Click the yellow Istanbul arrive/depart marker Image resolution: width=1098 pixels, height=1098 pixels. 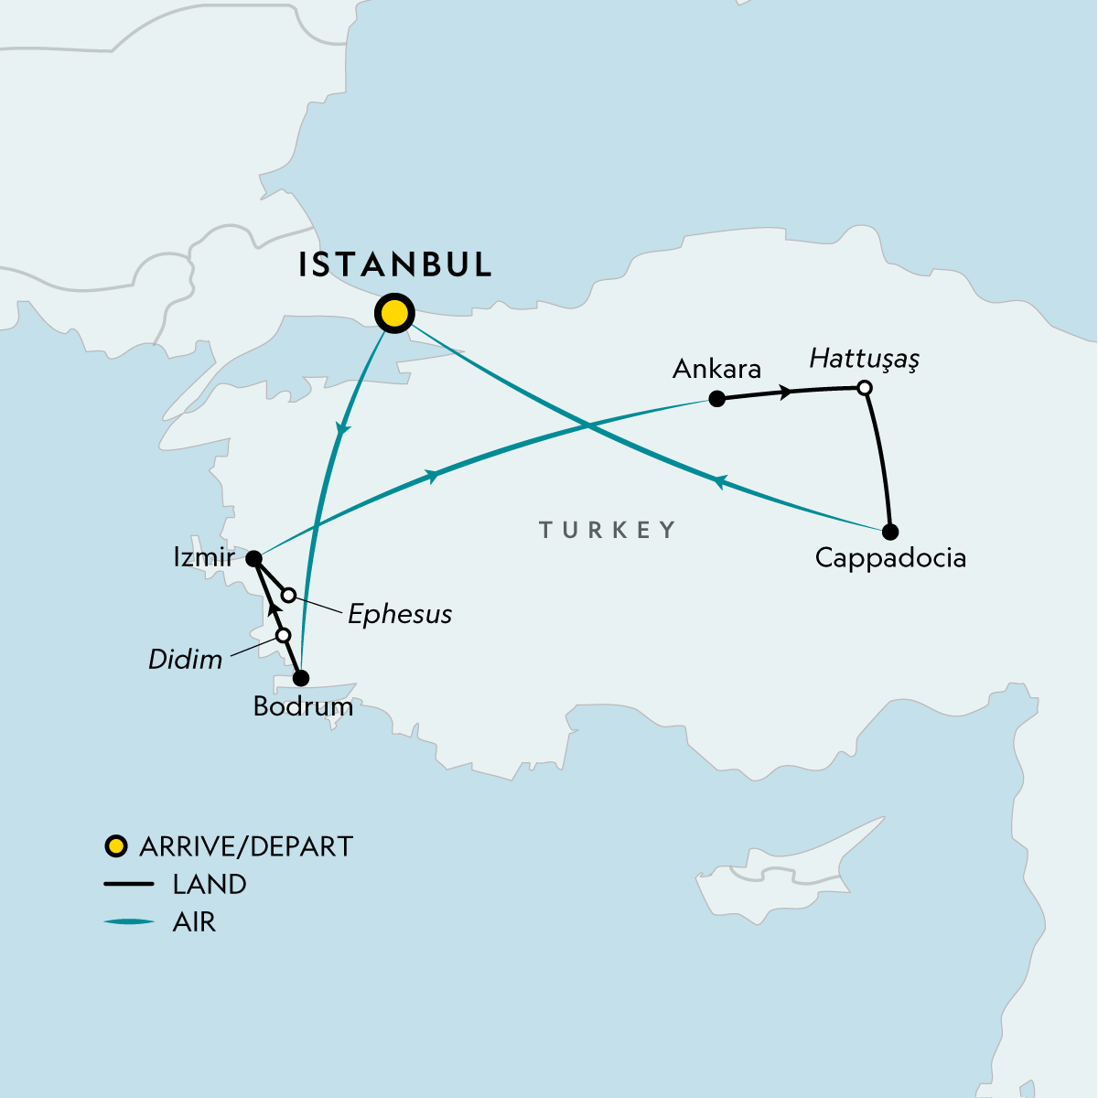pyautogui.click(x=393, y=314)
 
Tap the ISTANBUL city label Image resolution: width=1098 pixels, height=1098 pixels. pyautogui.click(x=395, y=264)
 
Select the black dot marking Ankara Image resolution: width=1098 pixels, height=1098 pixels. pyautogui.click(x=717, y=399)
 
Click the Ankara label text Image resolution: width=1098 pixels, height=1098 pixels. pyautogui.click(x=716, y=369)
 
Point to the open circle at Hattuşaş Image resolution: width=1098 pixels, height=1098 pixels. pyautogui.click(x=864, y=388)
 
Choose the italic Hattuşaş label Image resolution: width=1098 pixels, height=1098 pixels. pyautogui.click(x=864, y=359)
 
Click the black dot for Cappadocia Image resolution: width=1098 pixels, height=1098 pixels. pyautogui.click(x=890, y=532)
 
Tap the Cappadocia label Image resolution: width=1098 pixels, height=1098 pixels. pyautogui.click(x=890, y=558)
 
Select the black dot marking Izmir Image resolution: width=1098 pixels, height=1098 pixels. pyautogui.click(x=254, y=558)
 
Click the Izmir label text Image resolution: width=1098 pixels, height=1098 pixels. pyautogui.click(x=203, y=557)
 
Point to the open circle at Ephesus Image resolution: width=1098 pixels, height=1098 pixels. pyautogui.click(x=288, y=596)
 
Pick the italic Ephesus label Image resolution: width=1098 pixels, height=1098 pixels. pyautogui.click(x=400, y=614)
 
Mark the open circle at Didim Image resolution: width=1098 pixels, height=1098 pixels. pyautogui.click(x=284, y=635)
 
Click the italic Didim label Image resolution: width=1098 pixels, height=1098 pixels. pyautogui.click(x=186, y=659)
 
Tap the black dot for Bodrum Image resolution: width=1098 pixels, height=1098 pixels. pyautogui.click(x=300, y=678)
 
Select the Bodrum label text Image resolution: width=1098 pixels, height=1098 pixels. pyautogui.click(x=303, y=706)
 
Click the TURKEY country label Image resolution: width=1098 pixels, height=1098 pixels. pyautogui.click(x=608, y=530)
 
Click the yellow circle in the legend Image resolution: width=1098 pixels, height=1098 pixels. pyautogui.click(x=116, y=845)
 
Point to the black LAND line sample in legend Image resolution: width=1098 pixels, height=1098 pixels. pyautogui.click(x=129, y=885)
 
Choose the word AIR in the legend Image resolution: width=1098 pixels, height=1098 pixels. pyautogui.click(x=194, y=921)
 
